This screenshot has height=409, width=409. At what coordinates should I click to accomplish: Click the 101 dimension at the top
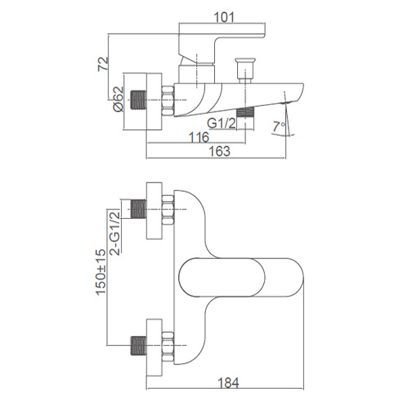224,17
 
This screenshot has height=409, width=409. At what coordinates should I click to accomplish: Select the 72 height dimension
103,64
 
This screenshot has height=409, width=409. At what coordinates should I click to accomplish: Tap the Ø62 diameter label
119,99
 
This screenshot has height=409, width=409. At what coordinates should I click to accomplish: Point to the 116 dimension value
199,137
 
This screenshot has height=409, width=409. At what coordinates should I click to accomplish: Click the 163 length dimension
220,151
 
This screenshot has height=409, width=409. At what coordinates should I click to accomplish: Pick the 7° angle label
279,126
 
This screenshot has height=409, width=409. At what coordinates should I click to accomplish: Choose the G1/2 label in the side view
221,123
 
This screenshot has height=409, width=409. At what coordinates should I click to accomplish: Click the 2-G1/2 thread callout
115,233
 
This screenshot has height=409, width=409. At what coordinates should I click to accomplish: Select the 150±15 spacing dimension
101,272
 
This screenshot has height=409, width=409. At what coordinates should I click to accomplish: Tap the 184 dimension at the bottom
228,383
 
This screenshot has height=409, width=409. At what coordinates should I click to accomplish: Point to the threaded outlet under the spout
245,112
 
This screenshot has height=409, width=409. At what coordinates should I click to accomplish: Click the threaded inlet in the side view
138,100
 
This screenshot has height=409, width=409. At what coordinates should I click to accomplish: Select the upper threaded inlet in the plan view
138,209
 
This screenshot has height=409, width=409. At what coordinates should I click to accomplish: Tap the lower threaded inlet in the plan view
138,346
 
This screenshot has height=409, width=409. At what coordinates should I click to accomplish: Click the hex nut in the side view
168,100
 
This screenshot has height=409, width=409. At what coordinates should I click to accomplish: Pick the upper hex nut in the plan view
168,209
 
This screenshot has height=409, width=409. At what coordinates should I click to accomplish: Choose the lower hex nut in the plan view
168,346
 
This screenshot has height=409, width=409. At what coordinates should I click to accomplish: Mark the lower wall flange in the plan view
154,348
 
